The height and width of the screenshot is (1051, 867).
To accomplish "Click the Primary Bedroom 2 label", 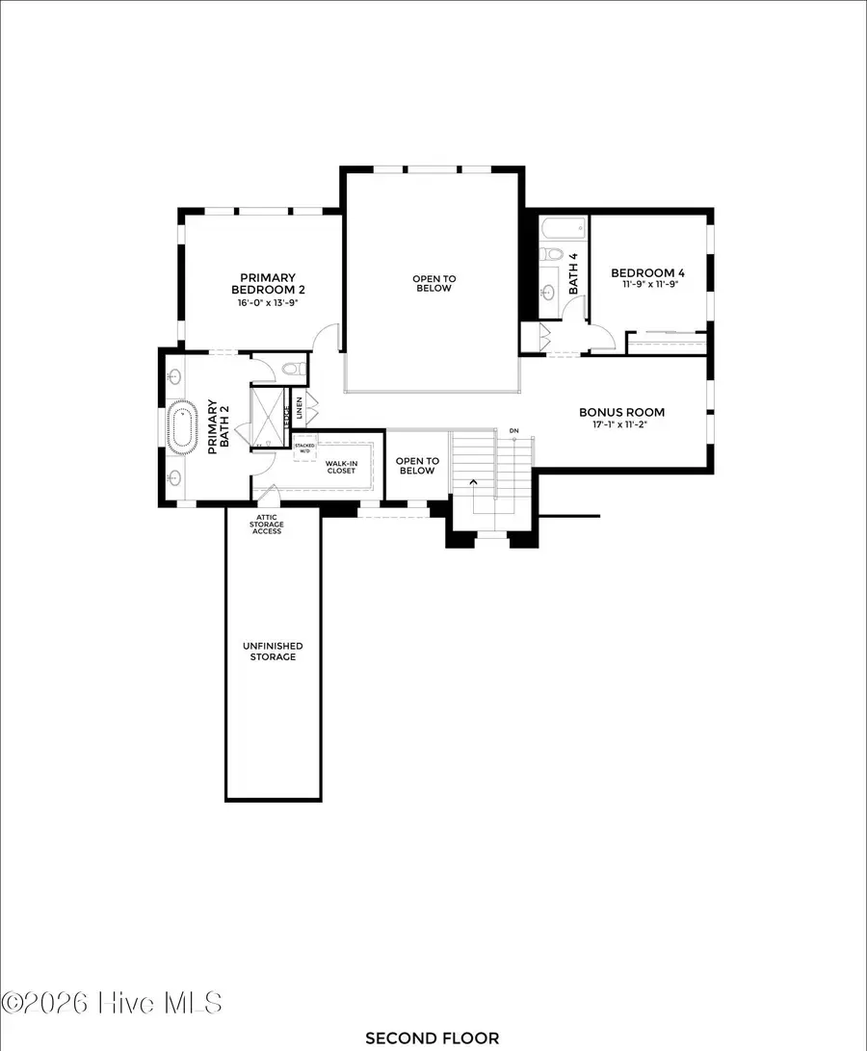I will point(262,283).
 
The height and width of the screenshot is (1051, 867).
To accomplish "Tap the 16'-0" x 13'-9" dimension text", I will point(262,302).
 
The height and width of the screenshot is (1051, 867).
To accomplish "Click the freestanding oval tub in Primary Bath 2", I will point(182,427).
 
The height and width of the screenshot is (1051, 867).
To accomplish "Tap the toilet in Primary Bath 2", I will point(295,369).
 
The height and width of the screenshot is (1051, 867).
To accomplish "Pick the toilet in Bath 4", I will point(551,255).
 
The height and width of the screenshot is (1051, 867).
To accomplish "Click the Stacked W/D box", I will point(304,448).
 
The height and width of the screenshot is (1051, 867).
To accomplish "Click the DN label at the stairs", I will point(513,430).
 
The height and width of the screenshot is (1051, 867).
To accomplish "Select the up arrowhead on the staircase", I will point(472,481).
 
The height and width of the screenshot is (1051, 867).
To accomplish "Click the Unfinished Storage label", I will point(273,651).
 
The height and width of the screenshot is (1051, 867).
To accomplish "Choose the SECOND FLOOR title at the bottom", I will point(432,1038).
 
